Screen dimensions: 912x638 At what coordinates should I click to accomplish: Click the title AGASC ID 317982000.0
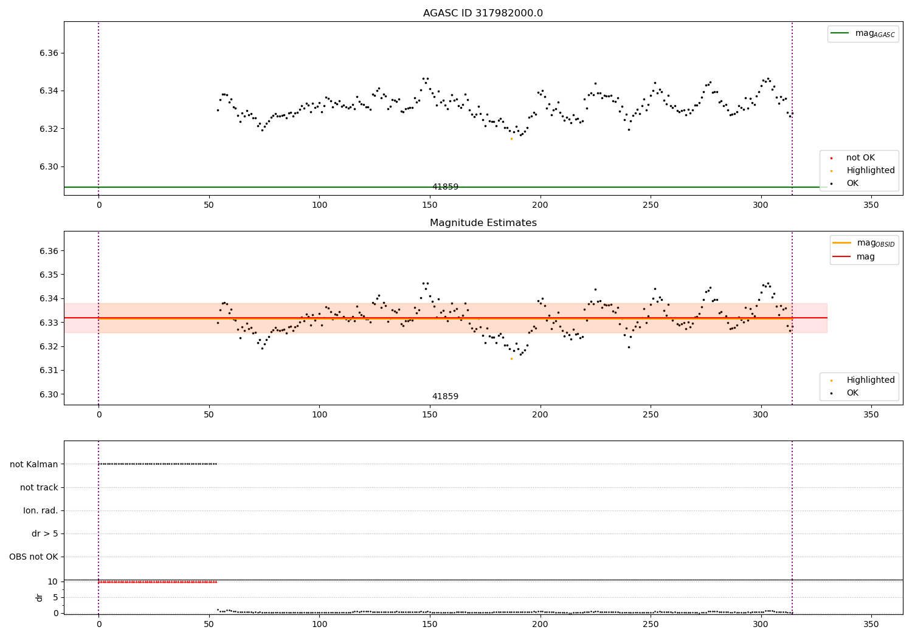pyautogui.click(x=483, y=13)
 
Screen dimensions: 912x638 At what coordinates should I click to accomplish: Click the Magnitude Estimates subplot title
pyautogui.click(x=483, y=222)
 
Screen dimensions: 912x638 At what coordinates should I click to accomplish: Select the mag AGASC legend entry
pyautogui.click(x=863, y=33)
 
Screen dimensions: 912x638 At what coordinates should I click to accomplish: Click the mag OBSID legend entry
pyautogui.click(x=863, y=243)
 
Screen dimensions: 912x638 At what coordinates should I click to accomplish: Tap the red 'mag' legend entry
pyautogui.click(x=854, y=256)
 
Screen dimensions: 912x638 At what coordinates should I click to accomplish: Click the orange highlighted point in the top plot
pyautogui.click(x=511, y=139)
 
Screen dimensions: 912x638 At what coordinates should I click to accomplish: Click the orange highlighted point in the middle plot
pyautogui.click(x=511, y=359)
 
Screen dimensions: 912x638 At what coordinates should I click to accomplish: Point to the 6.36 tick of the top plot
pyautogui.click(x=49, y=53)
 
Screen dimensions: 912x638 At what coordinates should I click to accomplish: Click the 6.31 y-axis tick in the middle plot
pyautogui.click(x=49, y=370)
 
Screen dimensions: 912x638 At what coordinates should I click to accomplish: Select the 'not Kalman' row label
pyautogui.click(x=34, y=464)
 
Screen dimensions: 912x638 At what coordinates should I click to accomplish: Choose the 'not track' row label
pyautogui.click(x=39, y=487)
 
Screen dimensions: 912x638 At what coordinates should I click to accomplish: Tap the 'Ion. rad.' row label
pyautogui.click(x=41, y=510)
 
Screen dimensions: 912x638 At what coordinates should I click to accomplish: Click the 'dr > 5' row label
pyautogui.click(x=45, y=533)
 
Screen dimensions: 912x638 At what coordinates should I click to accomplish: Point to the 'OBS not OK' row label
pyautogui.click(x=34, y=557)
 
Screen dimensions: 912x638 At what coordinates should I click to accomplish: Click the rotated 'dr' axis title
pyautogui.click(x=39, y=598)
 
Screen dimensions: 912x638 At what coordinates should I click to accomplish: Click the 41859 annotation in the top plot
pyautogui.click(x=445, y=187)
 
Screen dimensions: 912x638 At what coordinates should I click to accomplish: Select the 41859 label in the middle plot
pyautogui.click(x=445, y=396)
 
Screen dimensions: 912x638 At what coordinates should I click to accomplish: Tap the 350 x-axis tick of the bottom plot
pyautogui.click(x=871, y=625)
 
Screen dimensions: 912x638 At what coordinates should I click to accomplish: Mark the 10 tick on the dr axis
pyautogui.click(x=53, y=581)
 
